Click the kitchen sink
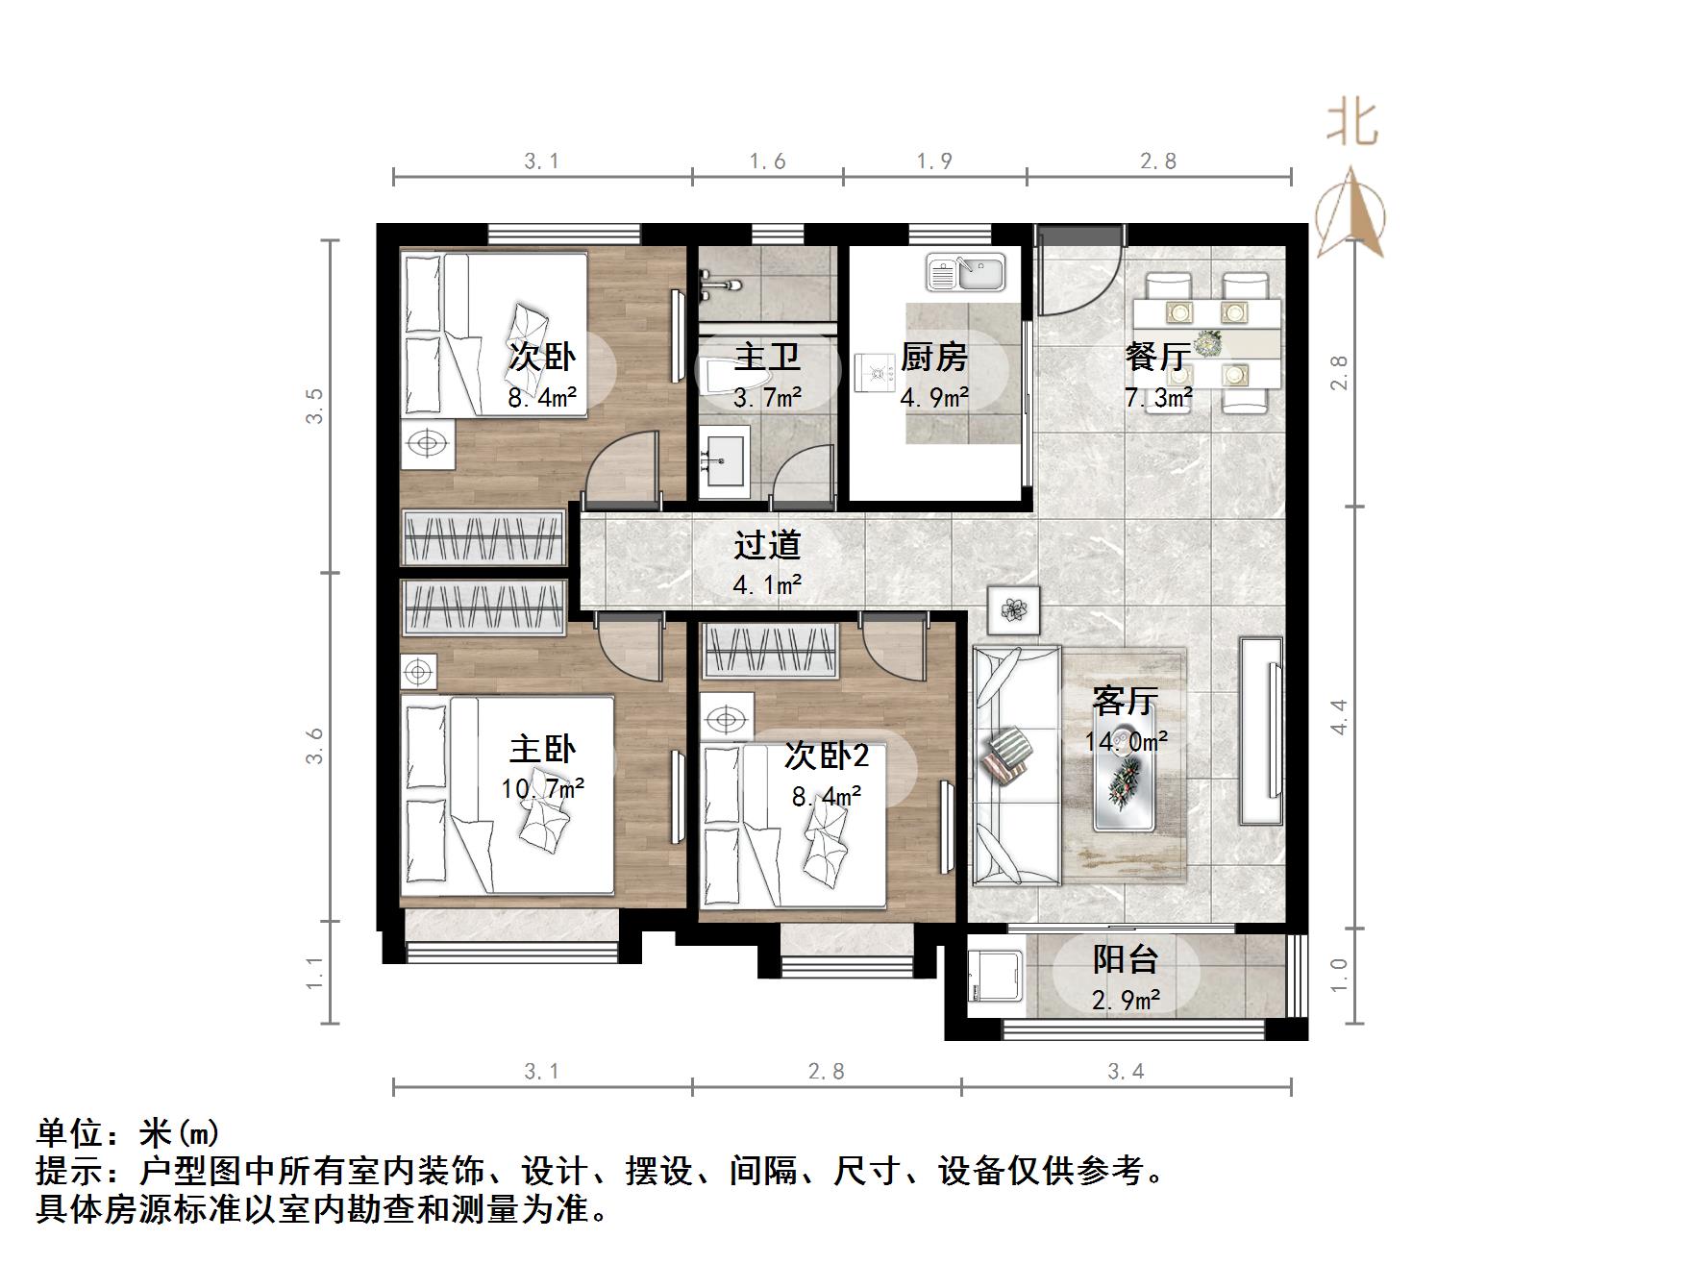click(x=965, y=273)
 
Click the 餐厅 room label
click(x=1158, y=357)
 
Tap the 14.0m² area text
click(x=1126, y=741)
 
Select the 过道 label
click(x=767, y=545)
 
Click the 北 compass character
click(x=1353, y=123)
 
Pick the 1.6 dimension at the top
click(x=767, y=161)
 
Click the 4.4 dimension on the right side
click(x=1339, y=717)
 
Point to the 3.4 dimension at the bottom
click(x=1126, y=1071)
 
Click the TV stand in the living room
click(x=1261, y=731)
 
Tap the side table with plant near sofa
click(x=1013, y=609)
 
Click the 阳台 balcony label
click(x=1126, y=958)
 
